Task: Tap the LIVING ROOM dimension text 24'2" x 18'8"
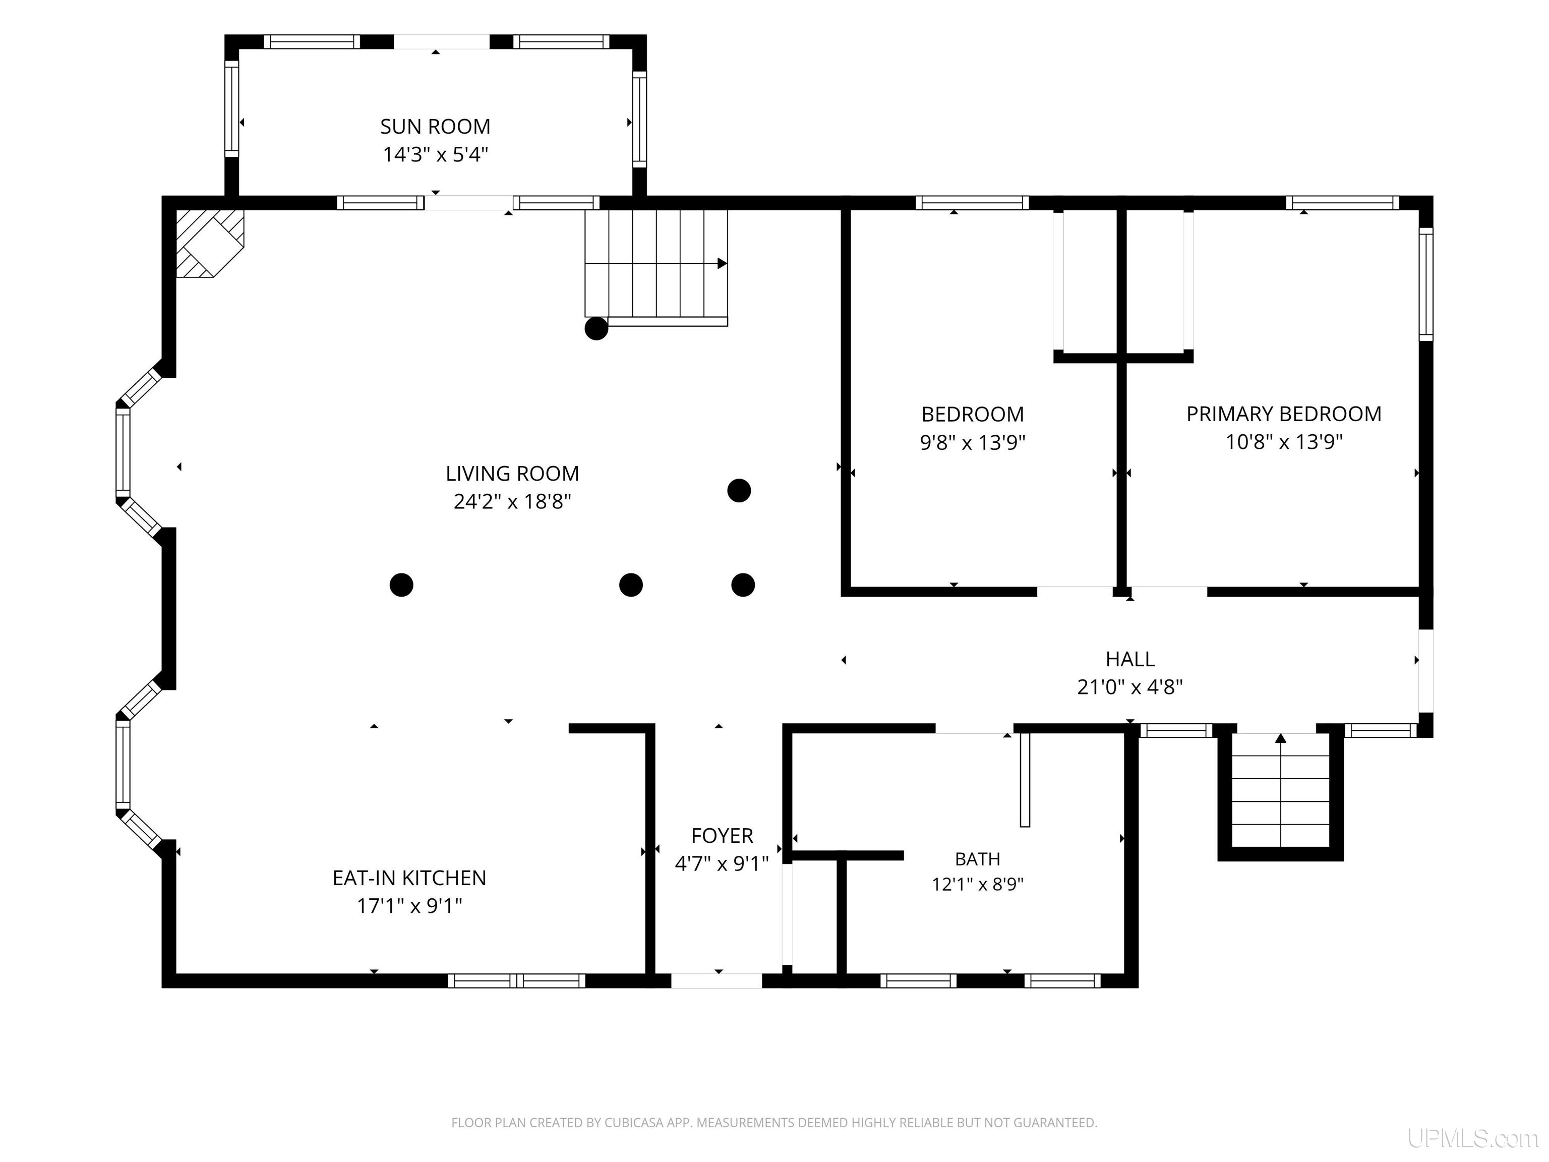coord(513,501)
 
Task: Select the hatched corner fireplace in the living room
coord(209,243)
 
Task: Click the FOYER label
coord(722,836)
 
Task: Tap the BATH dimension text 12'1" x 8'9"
coord(978,885)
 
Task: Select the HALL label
coord(1130,659)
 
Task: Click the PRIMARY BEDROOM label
coord(1284,414)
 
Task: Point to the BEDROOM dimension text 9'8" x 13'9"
coord(973,443)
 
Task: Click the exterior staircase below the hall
coord(1281,796)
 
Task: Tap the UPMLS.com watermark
coord(1473,1138)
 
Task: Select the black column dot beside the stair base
coord(597,328)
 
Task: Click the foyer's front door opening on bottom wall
coord(717,980)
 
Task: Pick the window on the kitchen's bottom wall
coord(517,980)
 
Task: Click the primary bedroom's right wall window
coord(1426,284)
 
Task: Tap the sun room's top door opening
coord(441,42)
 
